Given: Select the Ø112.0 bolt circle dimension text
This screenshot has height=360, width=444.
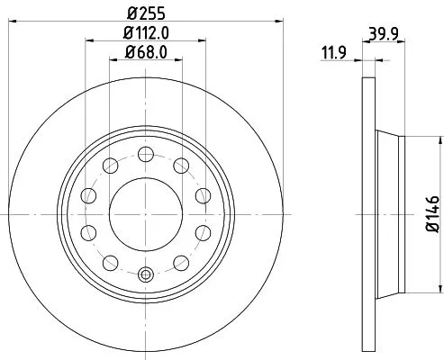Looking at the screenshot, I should [143, 32].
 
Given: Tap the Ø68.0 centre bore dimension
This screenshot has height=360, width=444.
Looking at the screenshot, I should [143, 52].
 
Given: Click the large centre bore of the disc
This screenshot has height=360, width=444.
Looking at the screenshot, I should [143, 212].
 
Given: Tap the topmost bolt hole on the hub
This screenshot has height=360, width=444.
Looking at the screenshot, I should [143, 151].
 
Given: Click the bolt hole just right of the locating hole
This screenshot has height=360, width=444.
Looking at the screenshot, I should [179, 262].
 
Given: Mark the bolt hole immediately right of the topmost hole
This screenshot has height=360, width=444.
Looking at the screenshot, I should [179, 164].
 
